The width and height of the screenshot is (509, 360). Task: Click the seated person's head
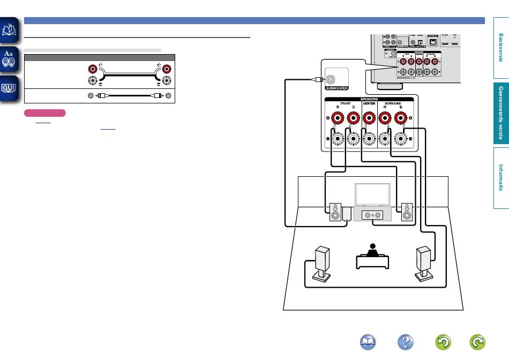pyautogui.click(x=371, y=247)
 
